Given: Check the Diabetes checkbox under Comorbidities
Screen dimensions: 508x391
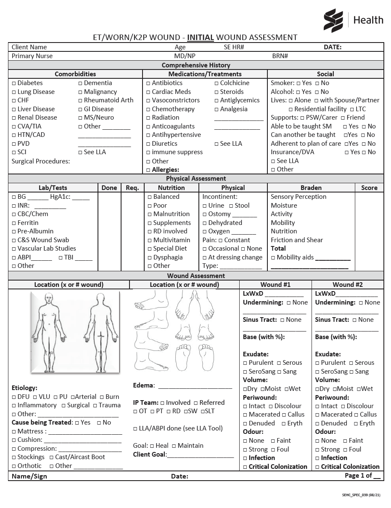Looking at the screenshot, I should click(14, 83).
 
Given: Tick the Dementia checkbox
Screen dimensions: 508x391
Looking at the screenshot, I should click(80, 83).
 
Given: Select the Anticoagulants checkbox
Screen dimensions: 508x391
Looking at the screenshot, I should click(148, 126).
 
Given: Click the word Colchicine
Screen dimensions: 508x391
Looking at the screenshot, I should click(235, 83).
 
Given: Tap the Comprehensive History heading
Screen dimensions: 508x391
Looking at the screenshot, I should click(196, 65).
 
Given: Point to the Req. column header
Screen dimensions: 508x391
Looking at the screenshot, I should click(132, 188).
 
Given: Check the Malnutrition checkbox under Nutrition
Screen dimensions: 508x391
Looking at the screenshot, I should click(150, 214).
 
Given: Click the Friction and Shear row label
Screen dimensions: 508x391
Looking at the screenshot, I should click(297, 240).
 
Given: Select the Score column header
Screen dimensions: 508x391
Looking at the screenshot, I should click(369, 188).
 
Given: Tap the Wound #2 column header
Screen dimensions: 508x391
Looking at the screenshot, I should click(347, 285).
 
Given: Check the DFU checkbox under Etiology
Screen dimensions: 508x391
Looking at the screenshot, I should click(14, 397).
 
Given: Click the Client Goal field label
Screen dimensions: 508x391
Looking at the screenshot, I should click(150, 455).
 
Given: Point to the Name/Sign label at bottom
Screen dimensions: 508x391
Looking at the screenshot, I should click(29, 476).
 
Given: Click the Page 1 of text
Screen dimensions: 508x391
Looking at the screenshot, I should click(358, 476).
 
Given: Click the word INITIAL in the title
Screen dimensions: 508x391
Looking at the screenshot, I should click(201, 37).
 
